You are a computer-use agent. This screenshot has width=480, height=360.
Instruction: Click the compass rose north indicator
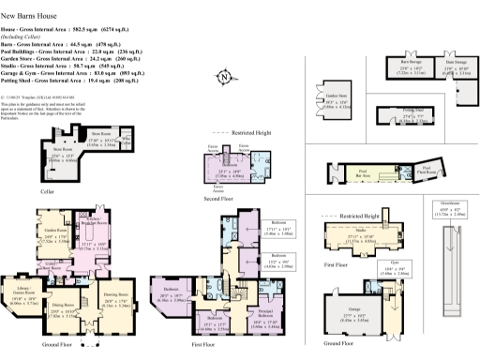pos(223,78)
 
